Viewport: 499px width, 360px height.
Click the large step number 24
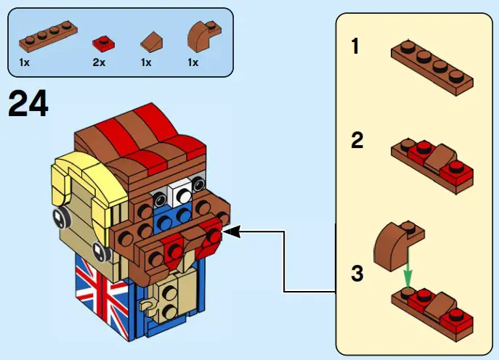coord(28,105)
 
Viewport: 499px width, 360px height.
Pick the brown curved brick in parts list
coord(200,36)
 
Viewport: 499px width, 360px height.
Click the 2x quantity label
coord(100,63)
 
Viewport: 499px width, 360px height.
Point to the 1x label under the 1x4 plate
coord(25,63)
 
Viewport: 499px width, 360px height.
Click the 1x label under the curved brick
coord(193,63)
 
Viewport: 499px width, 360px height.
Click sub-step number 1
coord(355,47)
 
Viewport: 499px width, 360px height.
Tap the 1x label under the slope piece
coord(146,63)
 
